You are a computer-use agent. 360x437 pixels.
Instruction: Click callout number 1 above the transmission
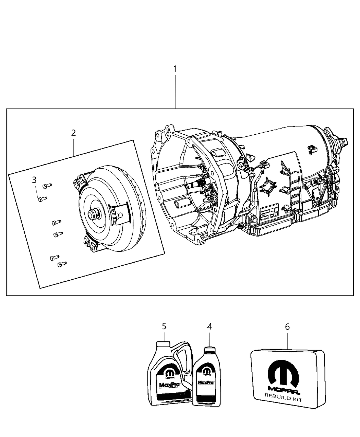coord(175,69)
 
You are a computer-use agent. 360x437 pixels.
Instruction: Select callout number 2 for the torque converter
coord(73,133)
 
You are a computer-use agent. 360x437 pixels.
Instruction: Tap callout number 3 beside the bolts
coord(34,180)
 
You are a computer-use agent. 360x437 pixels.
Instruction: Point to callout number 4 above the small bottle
coord(209,327)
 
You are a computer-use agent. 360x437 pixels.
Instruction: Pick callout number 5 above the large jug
coord(164,327)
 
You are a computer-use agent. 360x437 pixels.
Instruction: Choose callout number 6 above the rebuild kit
coord(287,327)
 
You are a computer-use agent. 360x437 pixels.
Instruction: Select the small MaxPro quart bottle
coord(206,380)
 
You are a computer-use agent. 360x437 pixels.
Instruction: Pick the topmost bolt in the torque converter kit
coord(47,186)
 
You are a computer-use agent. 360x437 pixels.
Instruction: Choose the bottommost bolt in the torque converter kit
coord(62,264)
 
